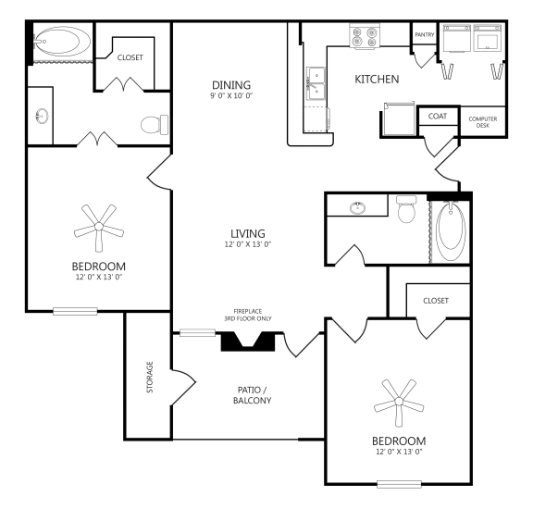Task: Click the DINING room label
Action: pos(231,85)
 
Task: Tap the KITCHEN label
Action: pos(377,80)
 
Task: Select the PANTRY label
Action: pos(425,35)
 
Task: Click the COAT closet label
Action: pos(437,117)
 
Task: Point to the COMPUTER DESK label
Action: pos(483,122)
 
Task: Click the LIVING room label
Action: pos(249,232)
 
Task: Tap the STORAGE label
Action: pos(149,378)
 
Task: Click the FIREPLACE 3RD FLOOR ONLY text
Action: pos(250,316)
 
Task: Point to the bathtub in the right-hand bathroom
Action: pos(452,230)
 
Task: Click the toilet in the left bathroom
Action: pos(154,123)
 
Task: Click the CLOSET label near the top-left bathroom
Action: pos(131,57)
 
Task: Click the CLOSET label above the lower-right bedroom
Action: pos(435,301)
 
